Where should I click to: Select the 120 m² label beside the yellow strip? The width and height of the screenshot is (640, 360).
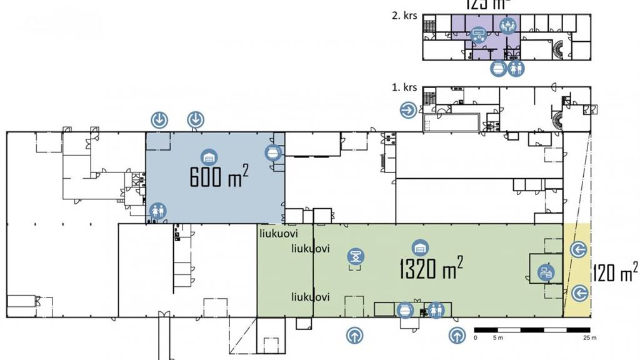pyautogui.click(x=615, y=273)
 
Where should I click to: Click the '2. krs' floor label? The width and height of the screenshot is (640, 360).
pyautogui.click(x=404, y=16)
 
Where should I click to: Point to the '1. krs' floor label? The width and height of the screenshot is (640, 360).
pyautogui.click(x=404, y=87)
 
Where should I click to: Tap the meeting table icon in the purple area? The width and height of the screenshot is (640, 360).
pyautogui.click(x=507, y=26)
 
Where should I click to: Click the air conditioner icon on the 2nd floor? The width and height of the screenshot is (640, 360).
pyautogui.click(x=479, y=33)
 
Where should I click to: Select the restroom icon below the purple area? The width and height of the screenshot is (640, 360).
pyautogui.click(x=516, y=68)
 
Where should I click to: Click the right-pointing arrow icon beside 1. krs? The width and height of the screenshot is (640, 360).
pyautogui.click(x=408, y=110)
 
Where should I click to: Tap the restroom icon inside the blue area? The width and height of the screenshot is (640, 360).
pyautogui.click(x=156, y=211)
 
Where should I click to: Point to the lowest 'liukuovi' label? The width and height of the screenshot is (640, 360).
pyautogui.click(x=311, y=296)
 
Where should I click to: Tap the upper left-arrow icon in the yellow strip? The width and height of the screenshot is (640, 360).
pyautogui.click(x=578, y=250)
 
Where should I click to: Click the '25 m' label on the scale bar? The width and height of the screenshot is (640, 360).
pyautogui.click(x=588, y=338)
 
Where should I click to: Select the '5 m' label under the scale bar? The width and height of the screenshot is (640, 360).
pyautogui.click(x=498, y=338)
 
